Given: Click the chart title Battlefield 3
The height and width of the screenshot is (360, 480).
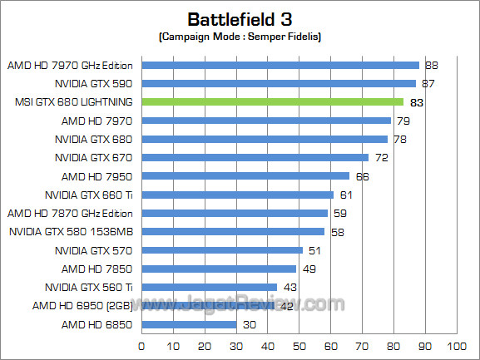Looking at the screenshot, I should pyautogui.click(x=240, y=18).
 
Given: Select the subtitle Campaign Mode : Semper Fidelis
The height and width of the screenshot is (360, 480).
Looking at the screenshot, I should pyautogui.click(x=240, y=37).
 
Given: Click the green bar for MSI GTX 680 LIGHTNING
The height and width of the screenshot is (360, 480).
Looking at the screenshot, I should pyautogui.click(x=272, y=102).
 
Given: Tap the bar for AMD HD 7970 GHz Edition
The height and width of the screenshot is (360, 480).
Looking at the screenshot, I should pyautogui.click(x=280, y=65).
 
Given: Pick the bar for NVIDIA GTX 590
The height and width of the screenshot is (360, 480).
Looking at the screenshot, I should pyautogui.click(x=279, y=83).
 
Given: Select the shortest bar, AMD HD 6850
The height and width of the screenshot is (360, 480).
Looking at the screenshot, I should pyautogui.click(x=189, y=324).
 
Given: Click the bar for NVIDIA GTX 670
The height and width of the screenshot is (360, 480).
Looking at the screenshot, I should pyautogui.click(x=255, y=157).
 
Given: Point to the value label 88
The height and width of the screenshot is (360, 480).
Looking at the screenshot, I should pyautogui.click(x=431, y=65).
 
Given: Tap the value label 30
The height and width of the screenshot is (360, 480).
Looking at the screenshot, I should pyautogui.click(x=249, y=324).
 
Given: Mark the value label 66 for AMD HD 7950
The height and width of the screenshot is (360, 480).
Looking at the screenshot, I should pyautogui.click(x=362, y=176).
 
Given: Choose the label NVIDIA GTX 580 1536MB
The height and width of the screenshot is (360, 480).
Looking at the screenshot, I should pyautogui.click(x=72, y=231).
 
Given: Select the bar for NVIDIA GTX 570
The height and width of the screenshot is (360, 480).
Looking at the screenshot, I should pyautogui.click(x=222, y=250).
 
